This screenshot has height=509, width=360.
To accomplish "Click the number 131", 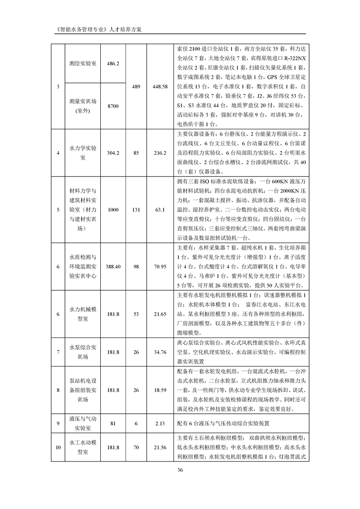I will coord(137,210).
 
